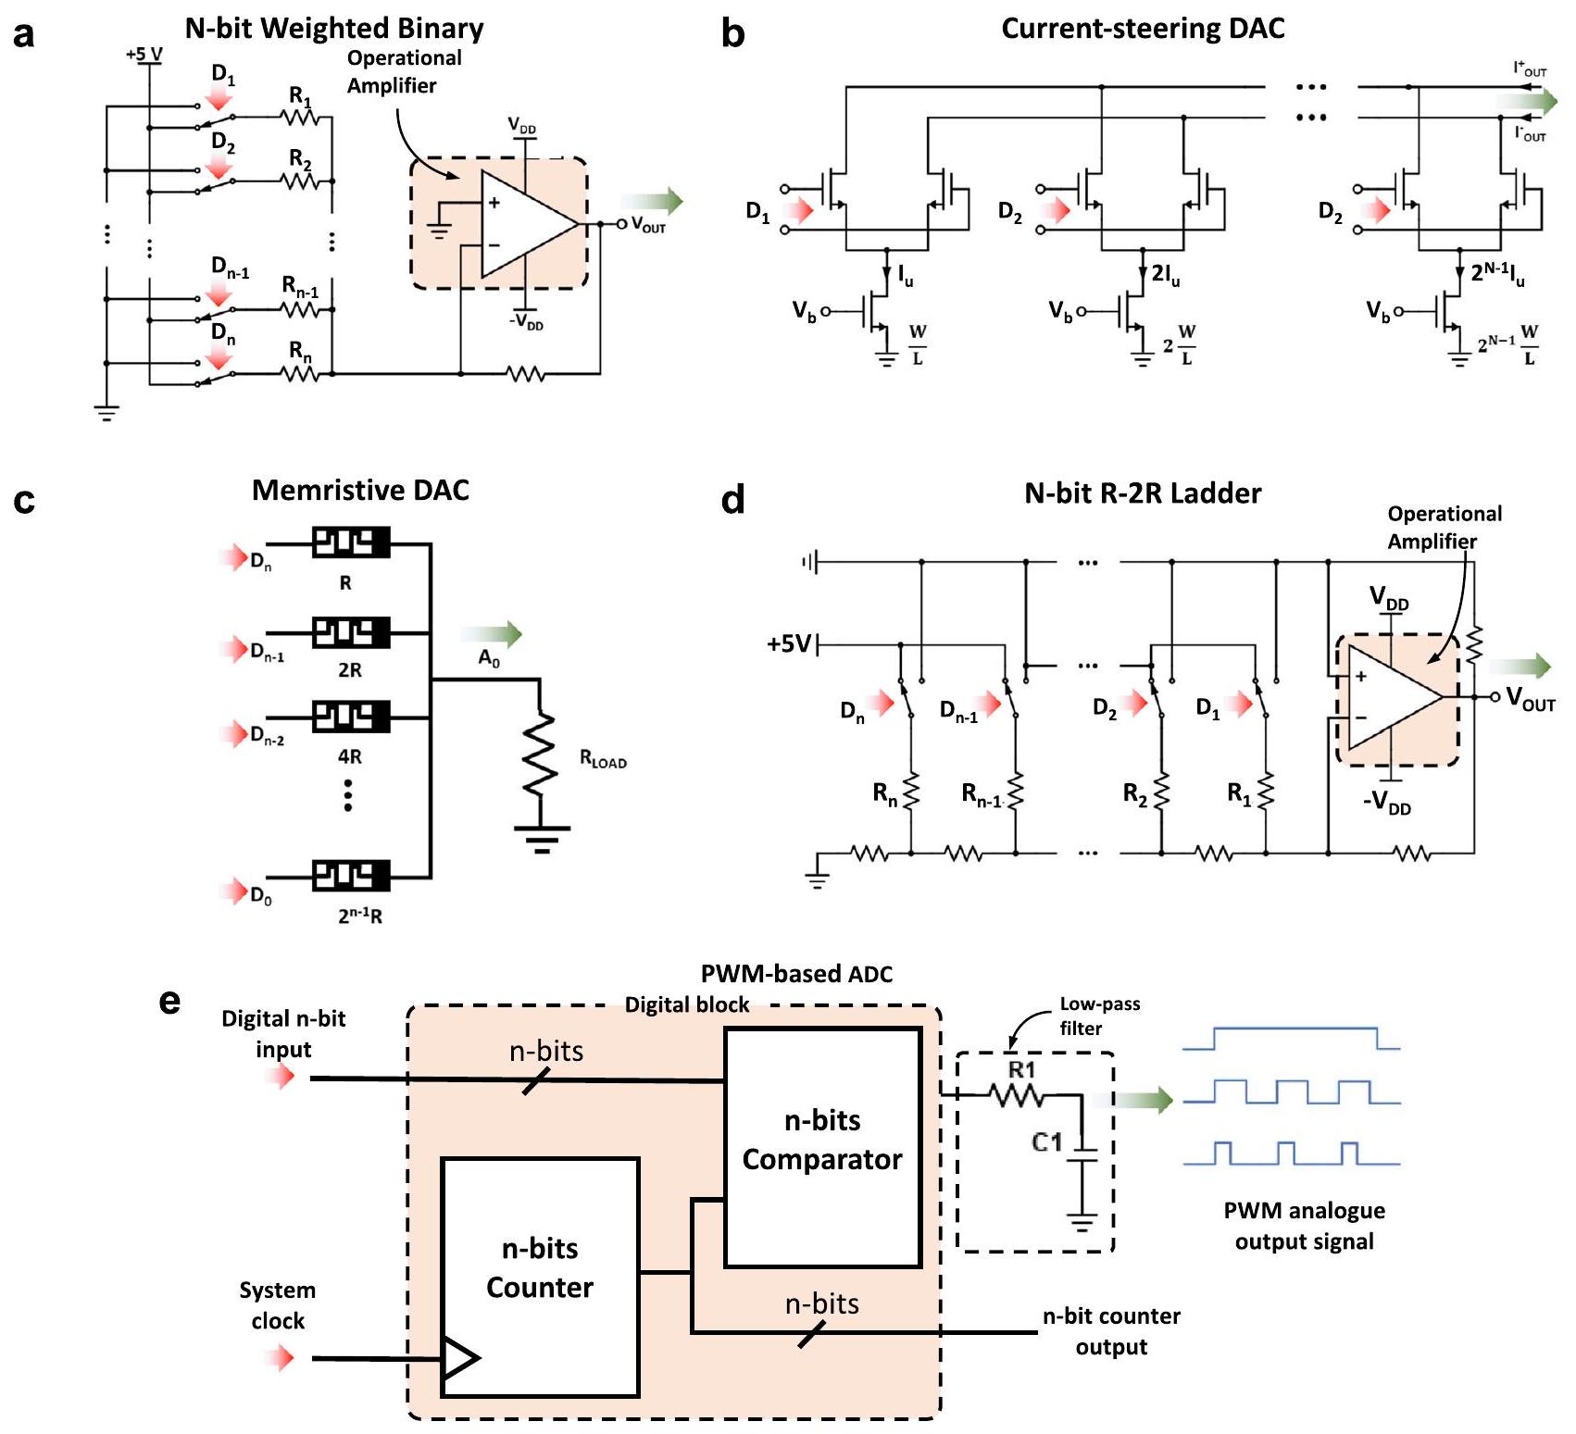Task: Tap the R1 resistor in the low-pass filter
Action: click(x=1017, y=1096)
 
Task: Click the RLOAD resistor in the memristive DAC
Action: click(x=539, y=754)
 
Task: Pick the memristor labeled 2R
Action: click(x=350, y=633)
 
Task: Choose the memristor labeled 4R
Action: click(x=350, y=717)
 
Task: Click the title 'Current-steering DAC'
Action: click(x=1143, y=29)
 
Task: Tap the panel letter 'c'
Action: click(x=25, y=500)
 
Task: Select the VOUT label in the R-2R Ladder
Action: click(x=1530, y=698)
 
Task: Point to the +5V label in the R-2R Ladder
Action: click(x=789, y=643)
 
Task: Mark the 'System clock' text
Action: click(x=278, y=1305)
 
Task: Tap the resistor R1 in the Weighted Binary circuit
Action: click(x=299, y=117)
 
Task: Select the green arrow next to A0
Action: click(x=492, y=634)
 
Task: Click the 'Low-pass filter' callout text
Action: click(x=1099, y=1016)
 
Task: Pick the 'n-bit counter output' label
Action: click(x=1111, y=1331)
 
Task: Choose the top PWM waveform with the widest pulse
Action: click(x=1292, y=1039)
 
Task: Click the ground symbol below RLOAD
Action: click(x=542, y=839)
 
